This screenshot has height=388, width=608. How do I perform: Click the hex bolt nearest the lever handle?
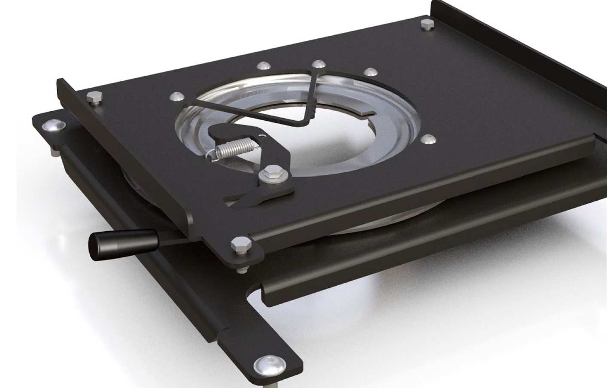[238, 244]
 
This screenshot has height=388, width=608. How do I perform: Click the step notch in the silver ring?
[363, 113]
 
